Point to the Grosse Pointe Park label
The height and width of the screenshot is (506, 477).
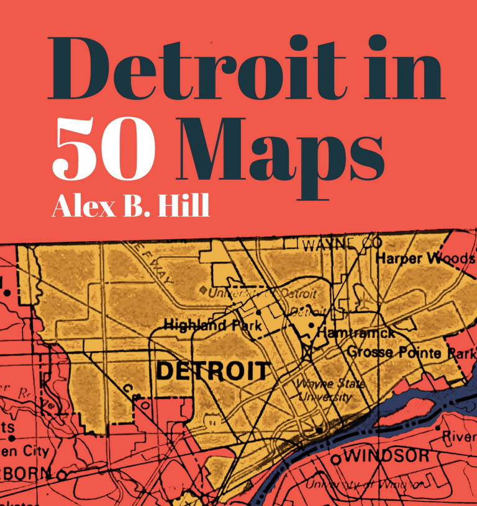pos(410,352)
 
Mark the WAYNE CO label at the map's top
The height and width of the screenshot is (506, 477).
pos(341,245)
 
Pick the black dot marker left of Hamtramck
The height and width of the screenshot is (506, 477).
pos(311,324)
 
